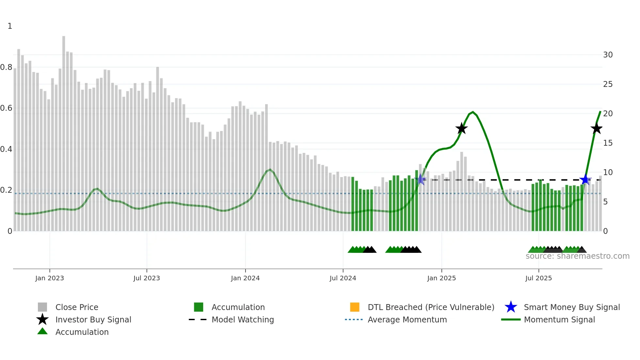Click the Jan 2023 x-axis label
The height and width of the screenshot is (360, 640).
pyautogui.click(x=50, y=278)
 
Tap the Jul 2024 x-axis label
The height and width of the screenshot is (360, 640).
pyautogui.click(x=343, y=278)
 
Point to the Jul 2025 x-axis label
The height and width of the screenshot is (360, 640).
pyautogui.click(x=538, y=278)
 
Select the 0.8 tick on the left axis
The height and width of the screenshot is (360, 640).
pyautogui.click(x=6, y=67)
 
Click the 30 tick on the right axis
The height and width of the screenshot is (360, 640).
pyautogui.click(x=608, y=55)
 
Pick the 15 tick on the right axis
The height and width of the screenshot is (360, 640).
pyautogui.click(x=608, y=143)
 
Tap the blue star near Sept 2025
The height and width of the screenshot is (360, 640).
pyautogui.click(x=585, y=180)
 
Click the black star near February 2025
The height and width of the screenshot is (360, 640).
pyautogui.click(x=461, y=128)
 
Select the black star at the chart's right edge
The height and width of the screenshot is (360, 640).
pyautogui.click(x=597, y=128)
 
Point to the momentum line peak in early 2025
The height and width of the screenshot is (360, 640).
pyautogui.click(x=473, y=112)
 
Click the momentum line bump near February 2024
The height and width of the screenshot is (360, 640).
pyautogui.click(x=270, y=170)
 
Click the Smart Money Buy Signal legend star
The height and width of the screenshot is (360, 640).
pyautogui.click(x=511, y=307)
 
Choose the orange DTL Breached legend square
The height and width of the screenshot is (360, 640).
pyautogui.click(x=355, y=307)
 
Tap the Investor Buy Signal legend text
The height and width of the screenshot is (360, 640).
pyautogui.click(x=93, y=319)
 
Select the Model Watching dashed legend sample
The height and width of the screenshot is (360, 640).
pyautogui.click(x=198, y=319)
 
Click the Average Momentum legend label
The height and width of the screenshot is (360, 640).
pyautogui.click(x=407, y=319)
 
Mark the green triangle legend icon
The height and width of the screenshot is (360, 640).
pyautogui.click(x=42, y=331)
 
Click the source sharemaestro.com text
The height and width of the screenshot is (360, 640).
pyautogui.click(x=577, y=256)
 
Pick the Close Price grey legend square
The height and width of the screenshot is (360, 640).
pyautogui.click(x=42, y=307)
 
